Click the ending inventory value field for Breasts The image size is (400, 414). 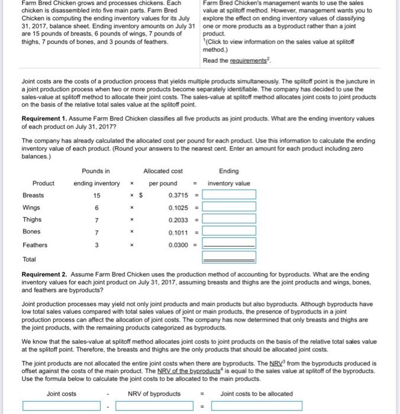[x=230, y=195]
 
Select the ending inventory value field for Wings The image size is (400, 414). [x=230, y=208]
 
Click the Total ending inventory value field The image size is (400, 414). [x=230, y=257]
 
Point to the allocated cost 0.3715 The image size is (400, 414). [x=178, y=195]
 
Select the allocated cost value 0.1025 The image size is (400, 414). [x=178, y=208]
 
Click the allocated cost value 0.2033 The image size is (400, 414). [x=178, y=220]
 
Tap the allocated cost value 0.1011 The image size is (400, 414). [x=178, y=232]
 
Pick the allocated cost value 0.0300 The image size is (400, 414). [x=178, y=245]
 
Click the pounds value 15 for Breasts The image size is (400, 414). [x=96, y=195]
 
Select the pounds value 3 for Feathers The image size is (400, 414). [x=96, y=245]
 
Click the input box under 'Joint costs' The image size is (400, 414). [x=62, y=406]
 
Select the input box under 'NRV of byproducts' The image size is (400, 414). [x=154, y=406]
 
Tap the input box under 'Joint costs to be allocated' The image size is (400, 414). [x=257, y=406]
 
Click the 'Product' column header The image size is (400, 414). [x=43, y=183]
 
